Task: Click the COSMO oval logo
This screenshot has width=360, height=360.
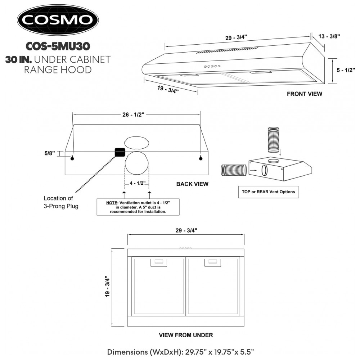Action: [58, 20]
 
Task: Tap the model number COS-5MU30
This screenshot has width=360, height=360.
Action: [58, 46]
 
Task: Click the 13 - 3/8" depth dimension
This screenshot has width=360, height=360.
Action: [329, 36]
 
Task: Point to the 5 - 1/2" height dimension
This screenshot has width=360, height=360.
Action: [346, 70]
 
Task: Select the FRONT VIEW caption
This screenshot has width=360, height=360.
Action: [305, 94]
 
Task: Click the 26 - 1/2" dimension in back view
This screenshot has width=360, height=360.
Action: [134, 114]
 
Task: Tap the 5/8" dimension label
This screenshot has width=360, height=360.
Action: [50, 153]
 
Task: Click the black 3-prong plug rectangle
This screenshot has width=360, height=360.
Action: [120, 152]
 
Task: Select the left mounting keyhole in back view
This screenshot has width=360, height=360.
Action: [72, 158]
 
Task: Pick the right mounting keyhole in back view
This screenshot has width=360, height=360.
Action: [201, 158]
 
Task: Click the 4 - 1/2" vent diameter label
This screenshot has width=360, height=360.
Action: [138, 183]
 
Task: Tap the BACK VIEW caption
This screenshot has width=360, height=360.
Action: [192, 184]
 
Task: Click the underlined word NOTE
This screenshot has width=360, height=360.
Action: [112, 203]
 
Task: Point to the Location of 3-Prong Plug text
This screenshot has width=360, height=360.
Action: [61, 202]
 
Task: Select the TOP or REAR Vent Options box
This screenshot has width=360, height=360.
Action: [269, 192]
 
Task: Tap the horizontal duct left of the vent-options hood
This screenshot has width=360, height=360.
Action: [234, 170]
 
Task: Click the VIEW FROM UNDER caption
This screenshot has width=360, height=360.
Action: [186, 335]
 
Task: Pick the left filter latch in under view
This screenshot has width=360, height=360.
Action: [159, 263]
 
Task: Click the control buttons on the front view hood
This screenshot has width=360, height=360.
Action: [212, 66]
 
